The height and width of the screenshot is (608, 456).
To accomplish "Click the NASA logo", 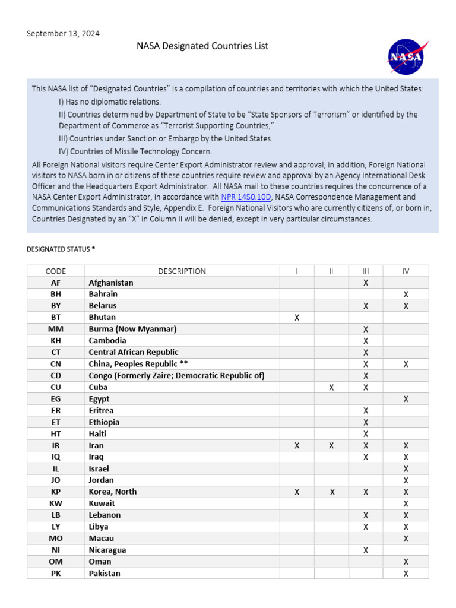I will (x=406, y=57).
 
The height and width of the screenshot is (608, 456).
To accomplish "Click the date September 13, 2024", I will (x=63, y=33).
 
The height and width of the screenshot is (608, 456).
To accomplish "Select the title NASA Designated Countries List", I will (x=203, y=46).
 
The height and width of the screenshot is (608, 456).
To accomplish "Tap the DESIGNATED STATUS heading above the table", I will (x=61, y=249).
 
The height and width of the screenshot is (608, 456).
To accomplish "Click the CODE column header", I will (x=56, y=271).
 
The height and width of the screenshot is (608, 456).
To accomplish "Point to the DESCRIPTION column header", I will (x=182, y=271).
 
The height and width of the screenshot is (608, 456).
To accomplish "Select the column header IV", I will (x=406, y=271).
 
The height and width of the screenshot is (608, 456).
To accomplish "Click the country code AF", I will (x=56, y=283).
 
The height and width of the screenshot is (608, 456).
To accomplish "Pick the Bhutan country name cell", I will (x=102, y=318).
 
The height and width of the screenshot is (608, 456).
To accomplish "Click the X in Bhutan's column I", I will (x=297, y=318).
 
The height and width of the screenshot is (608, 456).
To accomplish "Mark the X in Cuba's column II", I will (x=331, y=387).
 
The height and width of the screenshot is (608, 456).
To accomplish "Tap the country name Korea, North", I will (x=113, y=492).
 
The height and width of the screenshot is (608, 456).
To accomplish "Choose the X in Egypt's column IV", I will (x=406, y=399).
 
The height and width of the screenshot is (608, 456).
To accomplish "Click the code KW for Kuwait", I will (x=56, y=503).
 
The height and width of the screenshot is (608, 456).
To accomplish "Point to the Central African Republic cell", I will (x=134, y=352).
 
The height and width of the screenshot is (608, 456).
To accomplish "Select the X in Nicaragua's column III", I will (x=366, y=550).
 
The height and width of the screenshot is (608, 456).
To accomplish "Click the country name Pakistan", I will (x=104, y=573).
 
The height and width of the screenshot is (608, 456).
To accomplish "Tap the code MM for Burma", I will (x=56, y=329).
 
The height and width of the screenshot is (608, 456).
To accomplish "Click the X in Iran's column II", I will (x=331, y=445).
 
